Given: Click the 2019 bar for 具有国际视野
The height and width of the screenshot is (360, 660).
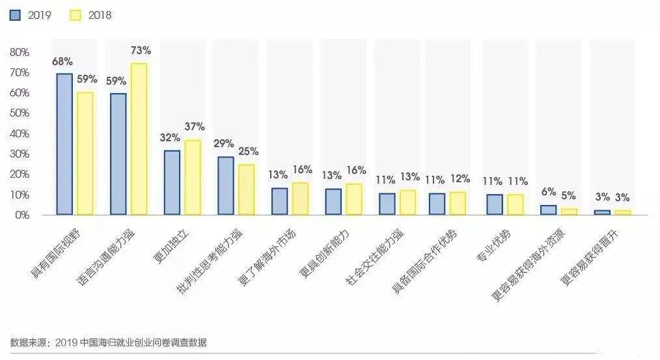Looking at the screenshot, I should click(64, 144).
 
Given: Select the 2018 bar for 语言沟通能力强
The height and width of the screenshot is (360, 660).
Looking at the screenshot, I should click(139, 139).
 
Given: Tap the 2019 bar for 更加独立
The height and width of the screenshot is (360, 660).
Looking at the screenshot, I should click(172, 182).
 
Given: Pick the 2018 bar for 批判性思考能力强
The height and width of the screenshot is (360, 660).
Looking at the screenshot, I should click(246, 189).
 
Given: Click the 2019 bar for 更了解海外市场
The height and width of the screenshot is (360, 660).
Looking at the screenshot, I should click(279, 201).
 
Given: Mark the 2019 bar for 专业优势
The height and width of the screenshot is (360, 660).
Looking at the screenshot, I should click(494, 204).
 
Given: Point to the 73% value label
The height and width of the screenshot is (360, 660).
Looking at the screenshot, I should click(141, 50).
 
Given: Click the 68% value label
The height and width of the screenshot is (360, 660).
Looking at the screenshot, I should click(62, 61).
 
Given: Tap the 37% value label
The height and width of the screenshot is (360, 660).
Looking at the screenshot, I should click(194, 126).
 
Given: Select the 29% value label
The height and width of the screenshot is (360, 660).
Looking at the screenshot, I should click(225, 143).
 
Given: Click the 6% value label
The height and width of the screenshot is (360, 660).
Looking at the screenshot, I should click(548, 192).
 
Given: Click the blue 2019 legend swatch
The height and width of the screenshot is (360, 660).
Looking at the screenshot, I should click(15, 15).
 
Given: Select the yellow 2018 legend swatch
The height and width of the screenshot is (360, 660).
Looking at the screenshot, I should click(75, 15).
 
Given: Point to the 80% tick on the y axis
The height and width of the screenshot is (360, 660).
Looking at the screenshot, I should click(20, 52).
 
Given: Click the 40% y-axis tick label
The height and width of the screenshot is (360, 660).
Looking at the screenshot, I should click(20, 133).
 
